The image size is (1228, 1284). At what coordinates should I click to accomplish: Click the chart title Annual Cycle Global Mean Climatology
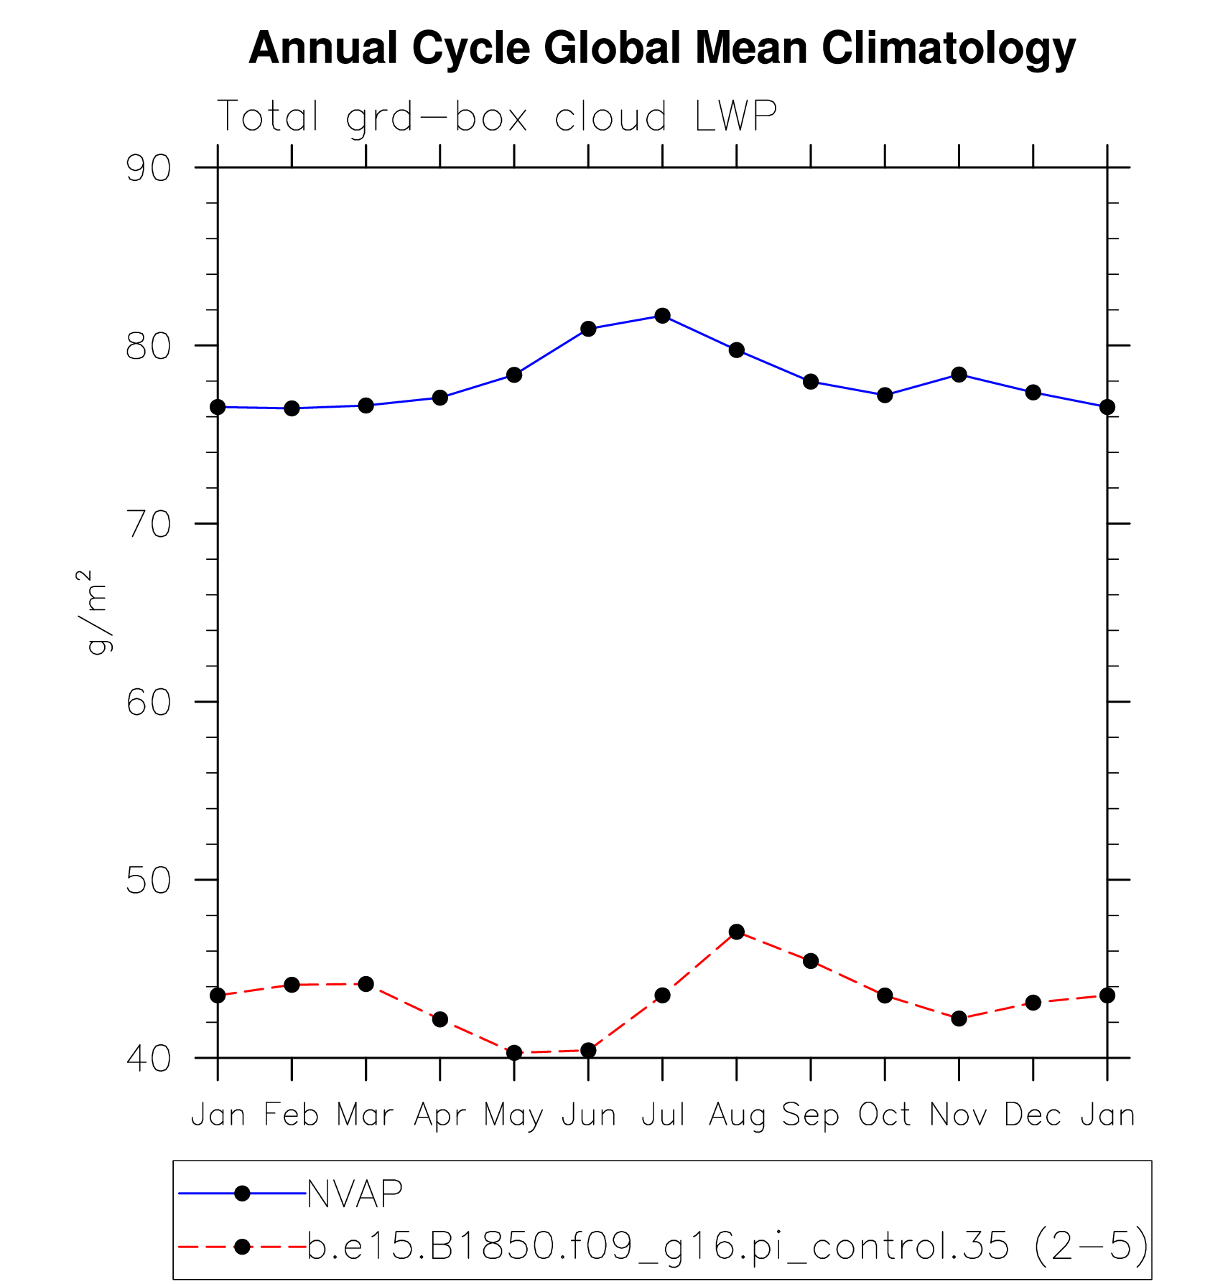tap(661, 48)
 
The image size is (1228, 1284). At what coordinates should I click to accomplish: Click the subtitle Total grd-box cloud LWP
tap(496, 116)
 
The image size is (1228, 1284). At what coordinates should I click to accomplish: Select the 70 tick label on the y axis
tap(149, 524)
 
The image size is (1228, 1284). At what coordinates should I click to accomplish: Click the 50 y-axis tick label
tap(149, 880)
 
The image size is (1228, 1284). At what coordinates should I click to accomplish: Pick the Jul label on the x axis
tap(662, 1115)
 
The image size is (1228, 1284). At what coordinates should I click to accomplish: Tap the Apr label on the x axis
tap(439, 1115)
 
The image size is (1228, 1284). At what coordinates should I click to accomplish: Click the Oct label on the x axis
tap(884, 1115)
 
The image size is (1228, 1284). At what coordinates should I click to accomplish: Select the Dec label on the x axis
tap(1032, 1115)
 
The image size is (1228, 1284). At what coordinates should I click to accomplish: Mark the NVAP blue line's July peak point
tap(662, 316)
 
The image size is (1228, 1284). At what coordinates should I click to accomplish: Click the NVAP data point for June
tap(588, 329)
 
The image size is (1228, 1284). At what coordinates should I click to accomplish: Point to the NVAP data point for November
tap(959, 374)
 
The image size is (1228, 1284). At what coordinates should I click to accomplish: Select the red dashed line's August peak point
tap(736, 932)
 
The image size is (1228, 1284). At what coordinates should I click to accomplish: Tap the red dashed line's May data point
tap(514, 1053)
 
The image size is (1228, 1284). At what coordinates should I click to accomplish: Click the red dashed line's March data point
tap(366, 984)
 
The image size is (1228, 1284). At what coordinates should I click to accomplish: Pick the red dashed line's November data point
tap(959, 1018)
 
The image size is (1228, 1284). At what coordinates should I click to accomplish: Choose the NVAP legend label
tap(355, 1194)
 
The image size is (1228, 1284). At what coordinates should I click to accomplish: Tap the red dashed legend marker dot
tap(242, 1247)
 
